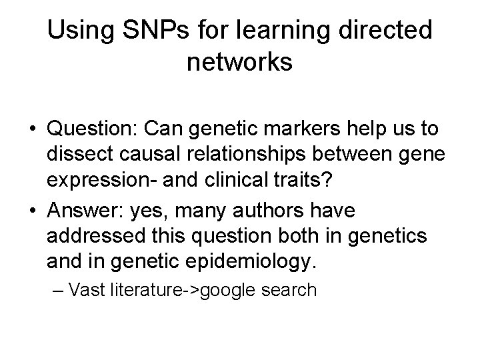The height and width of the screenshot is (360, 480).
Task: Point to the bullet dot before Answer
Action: coord(31,212)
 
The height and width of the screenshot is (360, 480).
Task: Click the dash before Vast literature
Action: coord(59,291)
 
